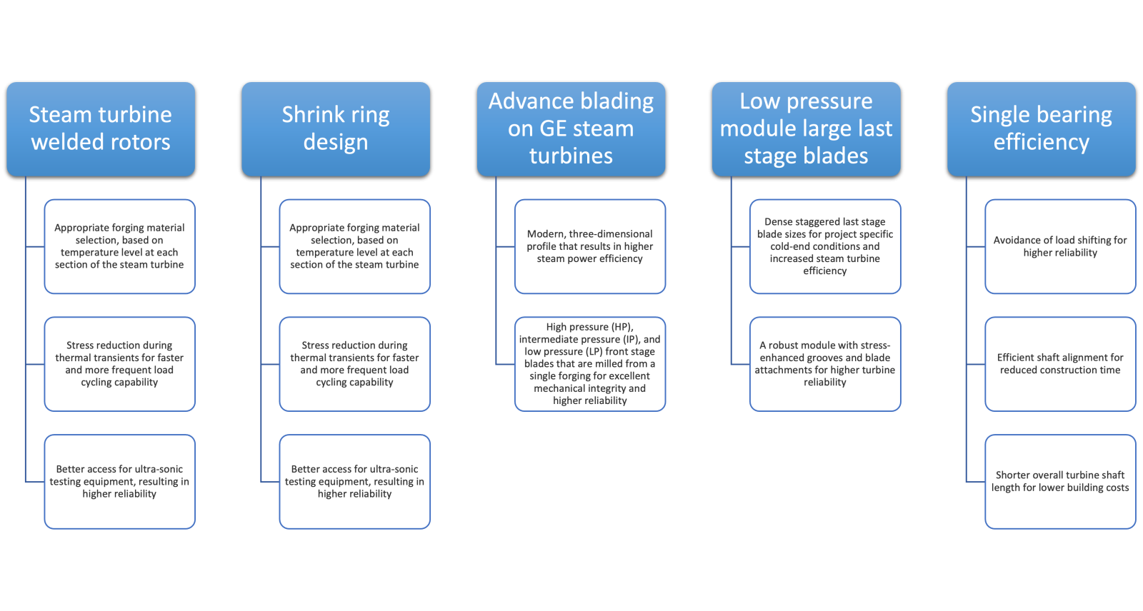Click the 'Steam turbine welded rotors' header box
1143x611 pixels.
(101, 128)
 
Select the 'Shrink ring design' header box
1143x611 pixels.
(336, 128)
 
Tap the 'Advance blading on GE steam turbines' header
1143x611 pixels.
(571, 128)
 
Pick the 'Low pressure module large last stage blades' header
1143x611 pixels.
(806, 128)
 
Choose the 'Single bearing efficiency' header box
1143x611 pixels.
(1041, 128)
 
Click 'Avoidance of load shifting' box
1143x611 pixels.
(1060, 246)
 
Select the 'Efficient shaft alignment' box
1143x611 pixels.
(1060, 364)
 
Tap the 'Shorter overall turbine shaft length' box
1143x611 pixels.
(1060, 482)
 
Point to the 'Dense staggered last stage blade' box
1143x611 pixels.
(825, 246)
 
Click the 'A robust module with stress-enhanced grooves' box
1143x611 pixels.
(825, 364)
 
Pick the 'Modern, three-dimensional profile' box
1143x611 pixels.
(590, 246)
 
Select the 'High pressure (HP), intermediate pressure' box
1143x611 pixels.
(590, 364)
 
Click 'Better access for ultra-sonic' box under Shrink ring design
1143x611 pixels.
(355, 482)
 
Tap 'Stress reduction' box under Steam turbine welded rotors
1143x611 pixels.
(120, 364)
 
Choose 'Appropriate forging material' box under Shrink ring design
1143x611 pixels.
(355, 246)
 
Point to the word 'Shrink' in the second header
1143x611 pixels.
(313, 115)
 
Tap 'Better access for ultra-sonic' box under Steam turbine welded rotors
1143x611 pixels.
(120, 482)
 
